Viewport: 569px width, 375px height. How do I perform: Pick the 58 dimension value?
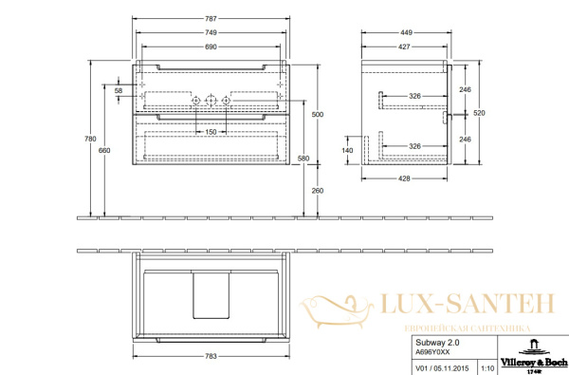click(x=119, y=91)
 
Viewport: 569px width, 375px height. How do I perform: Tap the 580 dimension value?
click(x=304, y=158)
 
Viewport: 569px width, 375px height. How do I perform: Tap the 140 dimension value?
click(x=347, y=151)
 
